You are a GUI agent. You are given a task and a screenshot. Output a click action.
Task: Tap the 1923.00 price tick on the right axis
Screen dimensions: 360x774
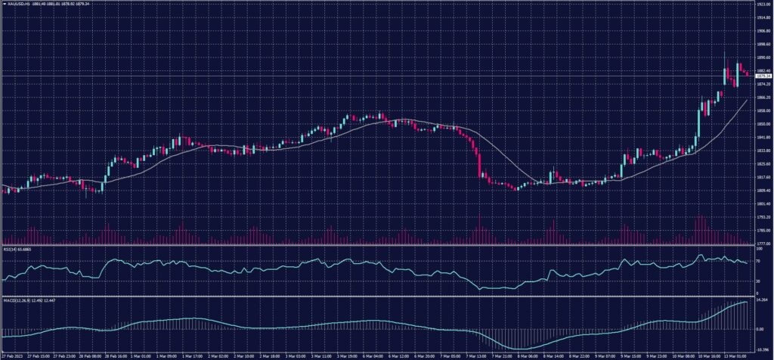tap(763, 5)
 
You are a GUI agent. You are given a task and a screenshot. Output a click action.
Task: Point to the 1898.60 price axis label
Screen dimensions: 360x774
tap(763, 44)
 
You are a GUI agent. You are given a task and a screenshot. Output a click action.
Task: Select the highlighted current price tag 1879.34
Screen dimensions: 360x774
tap(763, 76)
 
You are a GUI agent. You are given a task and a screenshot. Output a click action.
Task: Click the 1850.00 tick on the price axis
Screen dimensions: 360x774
tap(763, 124)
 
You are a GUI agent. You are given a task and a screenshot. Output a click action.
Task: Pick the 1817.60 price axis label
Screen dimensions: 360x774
tap(763, 177)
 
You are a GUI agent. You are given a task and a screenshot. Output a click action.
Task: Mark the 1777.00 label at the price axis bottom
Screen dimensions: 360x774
tap(763, 243)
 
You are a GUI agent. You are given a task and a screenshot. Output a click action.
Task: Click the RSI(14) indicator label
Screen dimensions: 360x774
tap(11, 248)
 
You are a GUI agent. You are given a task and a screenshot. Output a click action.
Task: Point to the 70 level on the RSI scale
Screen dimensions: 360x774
tap(758, 259)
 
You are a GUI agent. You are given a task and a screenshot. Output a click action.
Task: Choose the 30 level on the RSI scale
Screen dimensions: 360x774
tap(758, 281)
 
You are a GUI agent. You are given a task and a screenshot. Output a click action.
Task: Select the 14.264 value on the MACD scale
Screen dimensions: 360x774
tap(762, 301)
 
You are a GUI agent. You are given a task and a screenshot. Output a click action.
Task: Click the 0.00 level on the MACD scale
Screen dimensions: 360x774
tap(760, 330)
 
